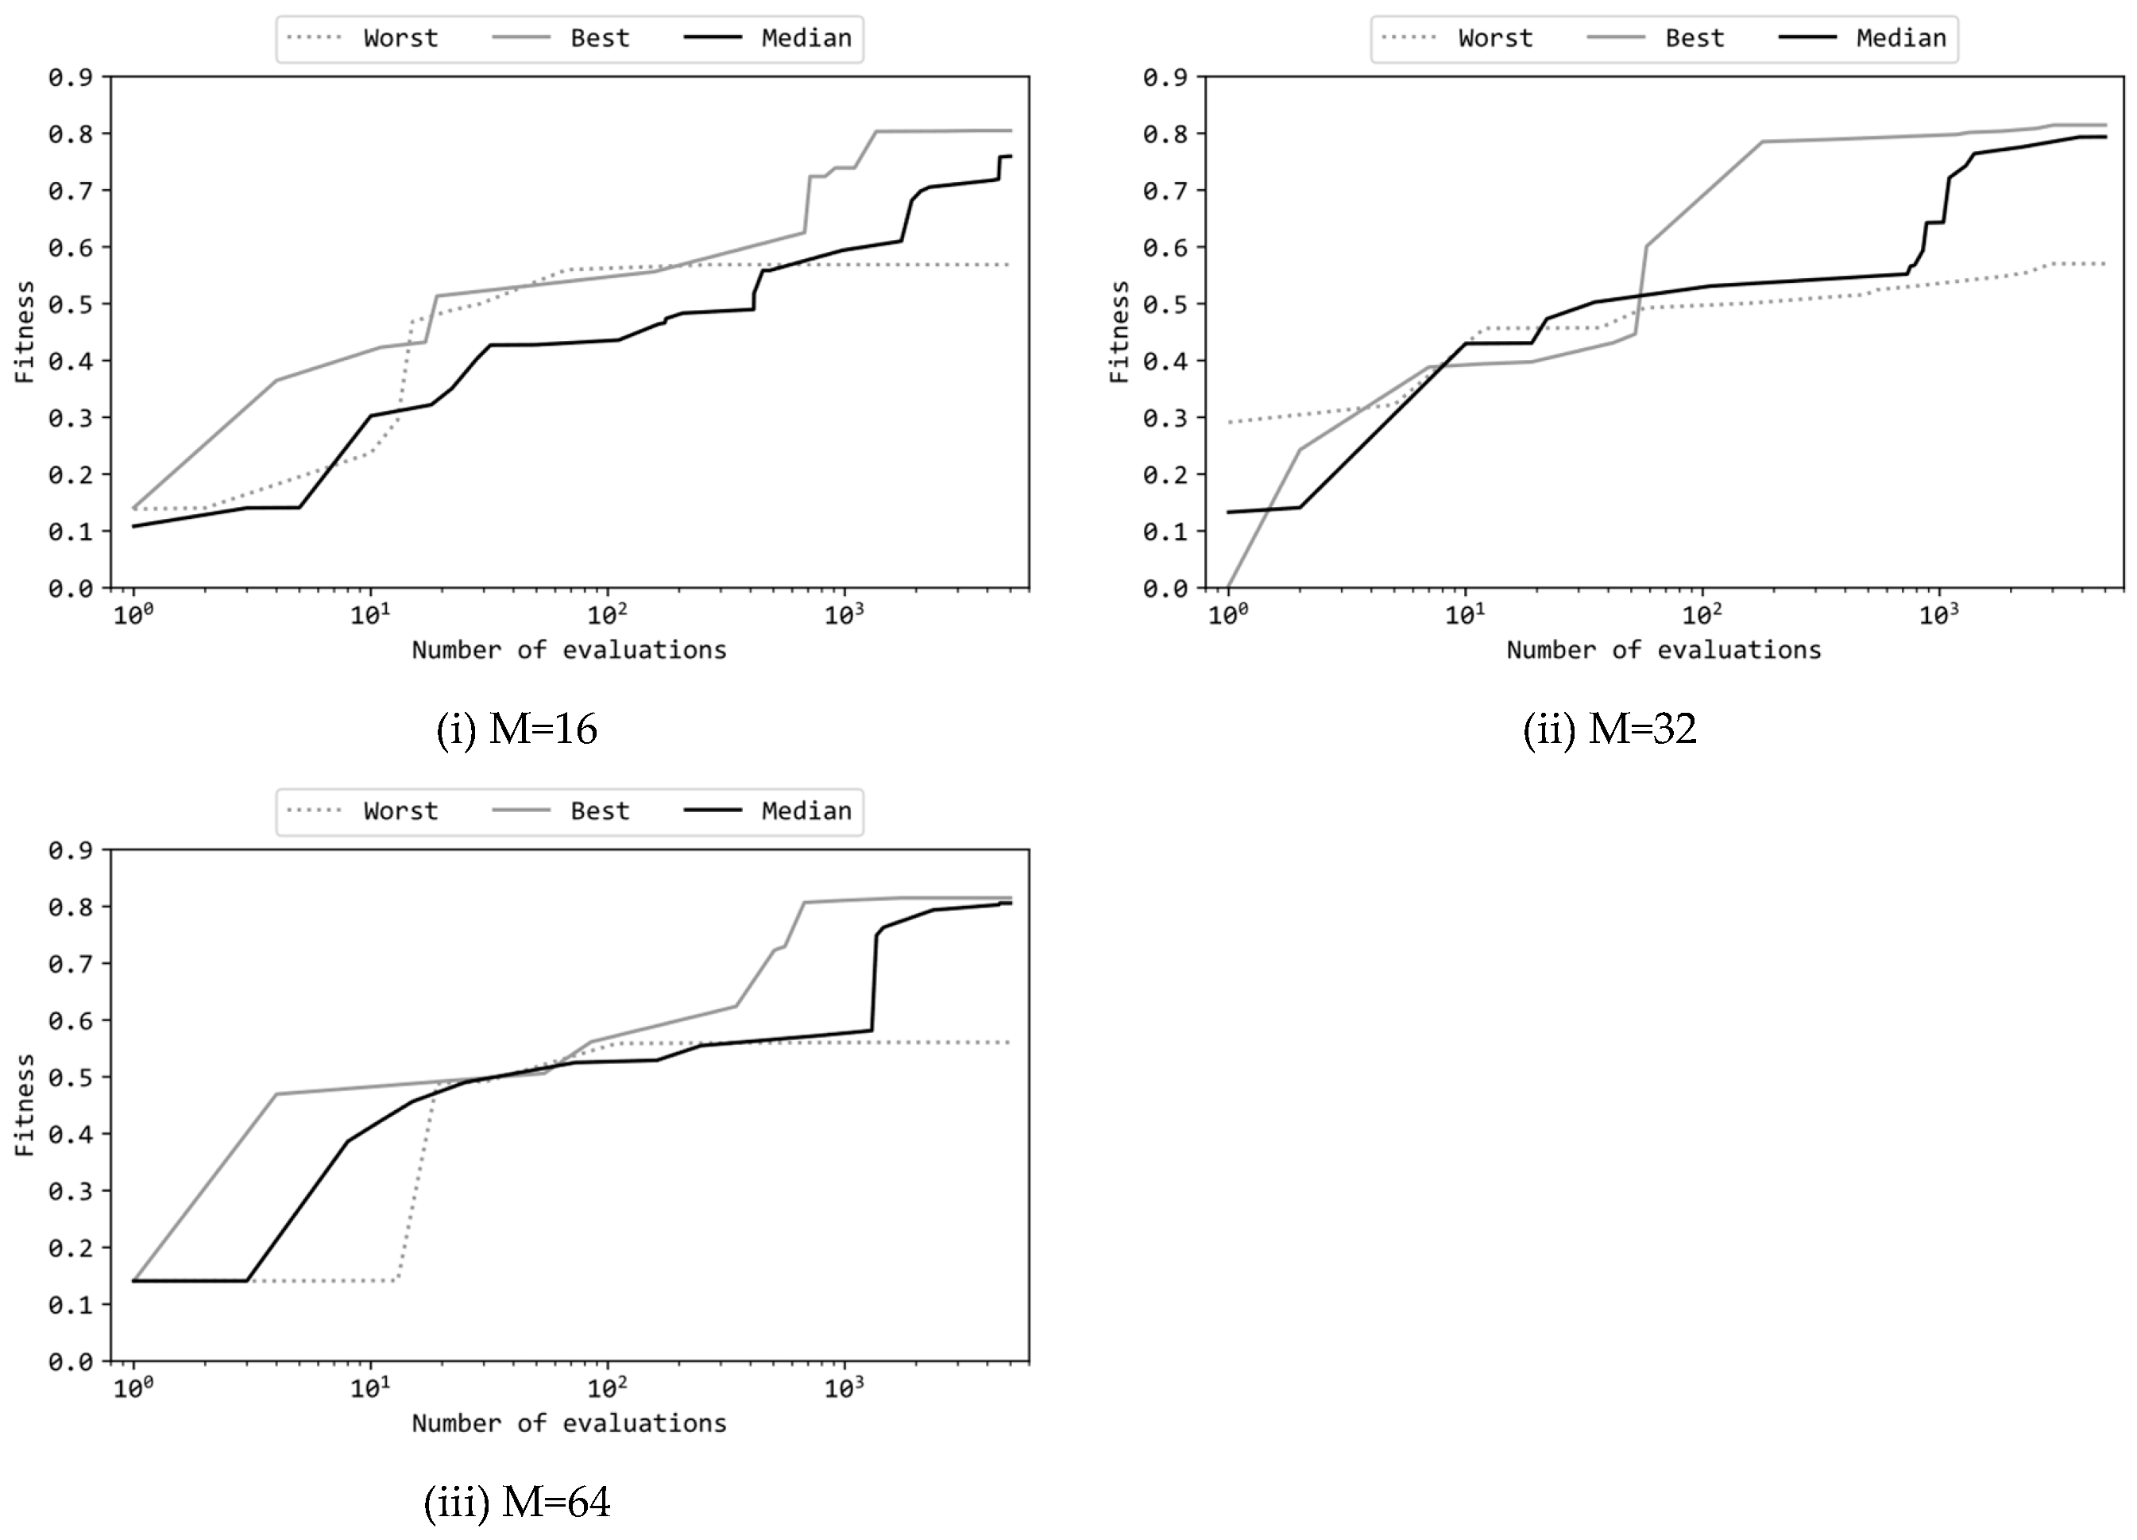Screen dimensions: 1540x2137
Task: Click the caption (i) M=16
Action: (x=516, y=729)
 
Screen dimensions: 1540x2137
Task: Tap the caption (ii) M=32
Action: (x=1610, y=729)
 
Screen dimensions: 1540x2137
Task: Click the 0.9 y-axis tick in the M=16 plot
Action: (x=71, y=77)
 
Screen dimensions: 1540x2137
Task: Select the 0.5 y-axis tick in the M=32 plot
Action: (x=1165, y=304)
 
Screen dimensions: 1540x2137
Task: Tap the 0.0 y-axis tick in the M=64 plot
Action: (x=71, y=1362)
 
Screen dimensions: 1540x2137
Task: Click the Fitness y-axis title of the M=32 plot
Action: (x=1119, y=331)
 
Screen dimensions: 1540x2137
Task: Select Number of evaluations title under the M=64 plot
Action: (x=569, y=1423)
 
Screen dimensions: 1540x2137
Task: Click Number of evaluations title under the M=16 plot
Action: (x=569, y=650)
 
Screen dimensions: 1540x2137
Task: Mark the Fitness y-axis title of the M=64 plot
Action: (x=25, y=1105)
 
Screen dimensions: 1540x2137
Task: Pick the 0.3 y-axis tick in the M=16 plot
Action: (x=71, y=417)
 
